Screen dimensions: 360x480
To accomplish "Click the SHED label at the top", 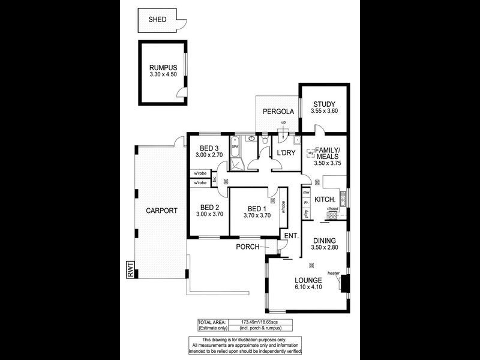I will pos(157,19).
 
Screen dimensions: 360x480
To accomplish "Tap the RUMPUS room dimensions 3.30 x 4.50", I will pos(164,74).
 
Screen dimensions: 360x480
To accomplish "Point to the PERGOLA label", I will pos(278,112).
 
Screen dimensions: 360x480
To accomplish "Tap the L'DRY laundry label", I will pos(286,153).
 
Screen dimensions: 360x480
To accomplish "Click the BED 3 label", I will pos(209,148).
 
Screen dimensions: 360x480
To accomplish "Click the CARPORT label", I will pos(161,211).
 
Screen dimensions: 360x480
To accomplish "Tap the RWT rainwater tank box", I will pos(130,270).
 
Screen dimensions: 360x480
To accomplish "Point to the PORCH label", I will pos(247,247).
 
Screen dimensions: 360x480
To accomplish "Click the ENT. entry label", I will pos(291,235).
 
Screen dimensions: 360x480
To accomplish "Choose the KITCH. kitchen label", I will pos(325,198).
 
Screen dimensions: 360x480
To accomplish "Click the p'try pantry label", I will pos(306,213).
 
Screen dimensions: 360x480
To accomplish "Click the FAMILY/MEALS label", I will pos(328,152).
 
